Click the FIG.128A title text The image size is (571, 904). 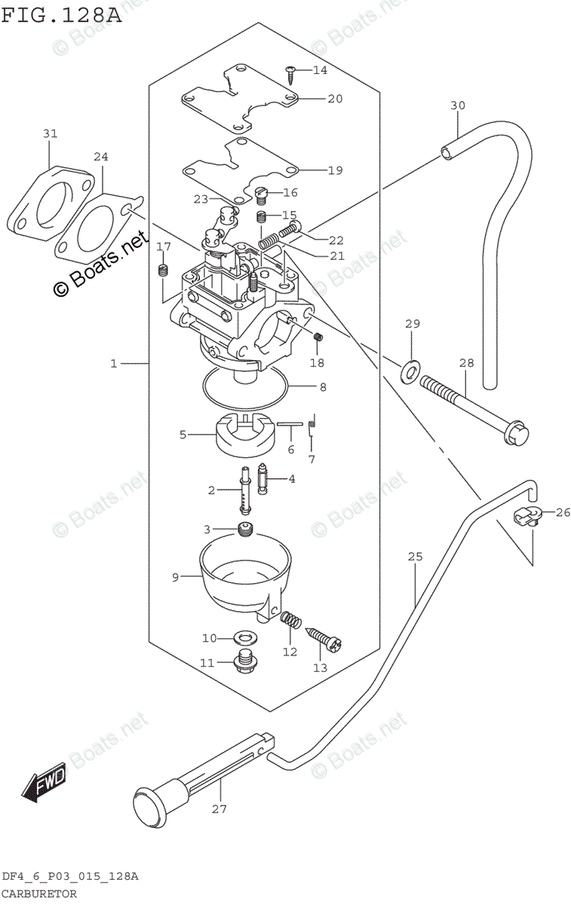click(x=61, y=14)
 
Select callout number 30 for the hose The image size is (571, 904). click(x=459, y=105)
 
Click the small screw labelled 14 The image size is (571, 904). click(x=290, y=72)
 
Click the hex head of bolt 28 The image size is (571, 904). click(x=519, y=435)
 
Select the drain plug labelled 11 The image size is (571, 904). click(x=244, y=663)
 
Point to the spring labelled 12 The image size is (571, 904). click(x=291, y=621)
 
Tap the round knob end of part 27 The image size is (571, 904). click(x=149, y=804)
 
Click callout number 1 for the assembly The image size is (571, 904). click(x=114, y=364)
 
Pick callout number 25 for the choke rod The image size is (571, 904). click(x=416, y=557)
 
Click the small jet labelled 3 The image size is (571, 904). click(x=244, y=530)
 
